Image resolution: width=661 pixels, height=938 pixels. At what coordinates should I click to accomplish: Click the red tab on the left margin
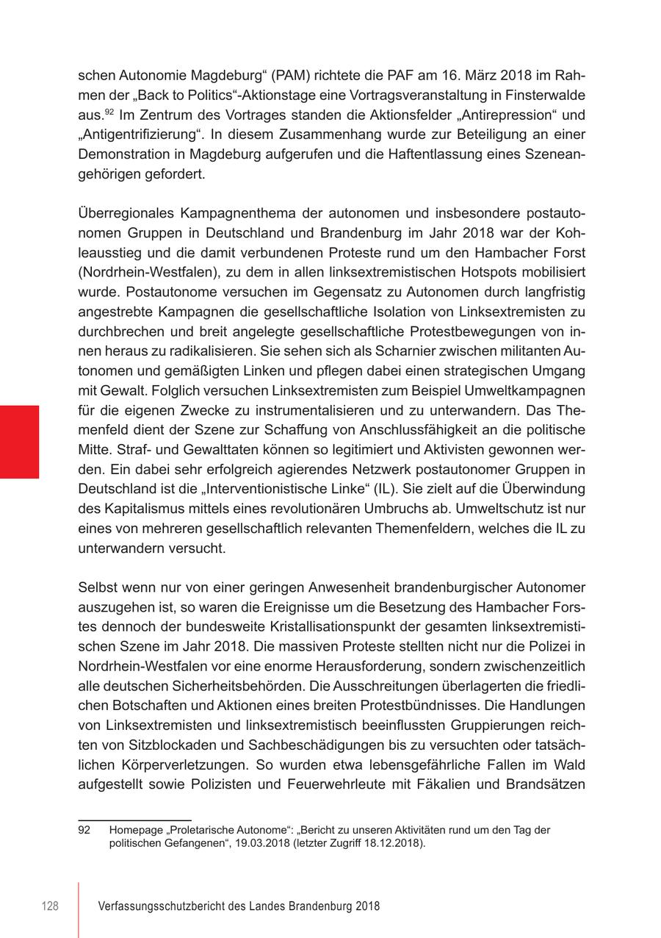click(x=19, y=442)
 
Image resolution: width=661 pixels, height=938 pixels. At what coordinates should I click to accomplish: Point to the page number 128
click(x=49, y=906)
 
